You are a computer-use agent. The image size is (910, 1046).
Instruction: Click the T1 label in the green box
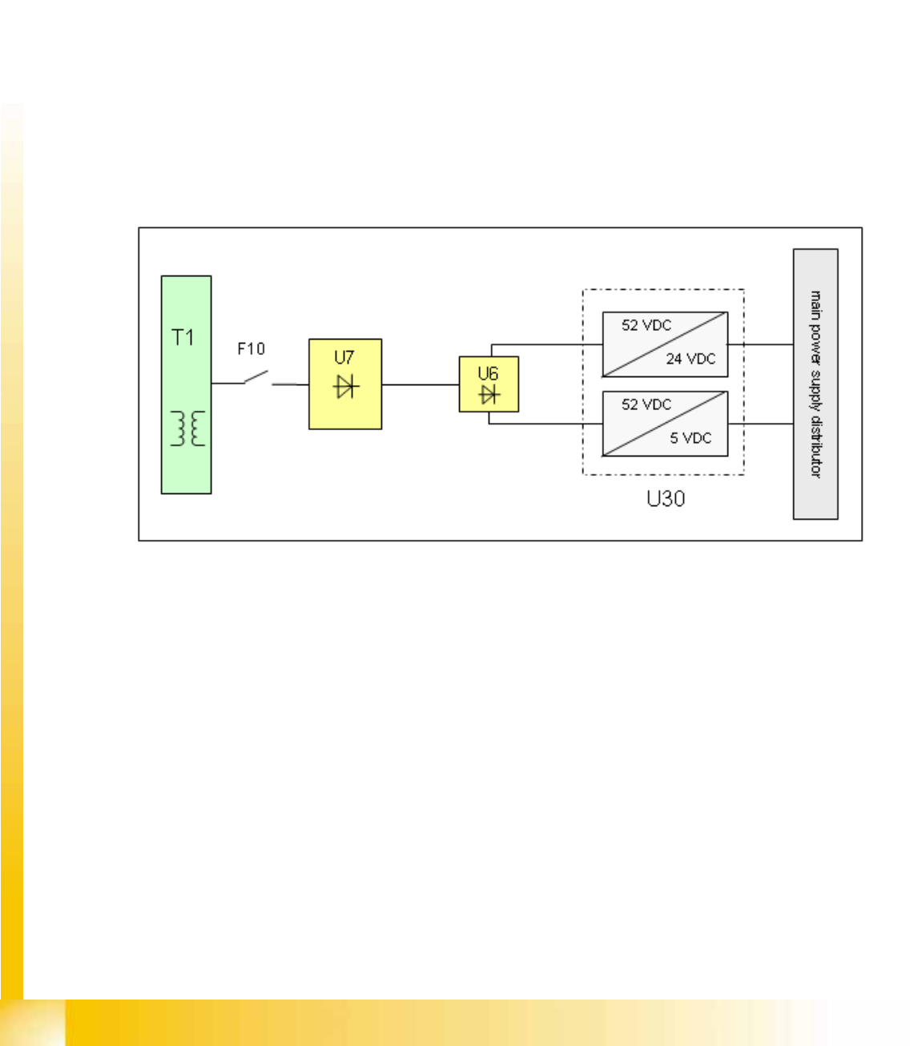183,337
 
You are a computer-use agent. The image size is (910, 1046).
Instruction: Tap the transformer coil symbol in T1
187,428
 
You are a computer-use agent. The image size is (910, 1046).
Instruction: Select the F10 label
251,349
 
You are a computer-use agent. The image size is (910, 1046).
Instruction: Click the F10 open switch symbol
256,376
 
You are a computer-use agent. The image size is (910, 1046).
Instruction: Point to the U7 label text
344,358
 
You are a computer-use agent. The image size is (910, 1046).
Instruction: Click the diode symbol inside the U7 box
346,387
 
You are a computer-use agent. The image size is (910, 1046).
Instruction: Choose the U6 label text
488,373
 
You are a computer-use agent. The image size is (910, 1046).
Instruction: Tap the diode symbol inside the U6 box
489,394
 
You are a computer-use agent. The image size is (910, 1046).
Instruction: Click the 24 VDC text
691,359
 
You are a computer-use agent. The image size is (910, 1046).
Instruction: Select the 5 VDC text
691,438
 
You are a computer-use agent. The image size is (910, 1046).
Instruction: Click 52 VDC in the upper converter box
646,325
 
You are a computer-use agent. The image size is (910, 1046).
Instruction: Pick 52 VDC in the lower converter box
646,404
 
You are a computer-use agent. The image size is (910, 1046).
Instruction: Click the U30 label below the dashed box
666,499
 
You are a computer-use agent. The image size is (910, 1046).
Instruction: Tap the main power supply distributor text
815,384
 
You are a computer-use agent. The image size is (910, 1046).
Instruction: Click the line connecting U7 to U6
420,384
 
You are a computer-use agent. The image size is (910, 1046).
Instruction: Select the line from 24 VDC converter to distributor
761,344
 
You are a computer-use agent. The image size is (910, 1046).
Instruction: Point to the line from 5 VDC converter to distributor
761,424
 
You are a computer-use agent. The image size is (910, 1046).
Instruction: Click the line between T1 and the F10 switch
227,384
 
